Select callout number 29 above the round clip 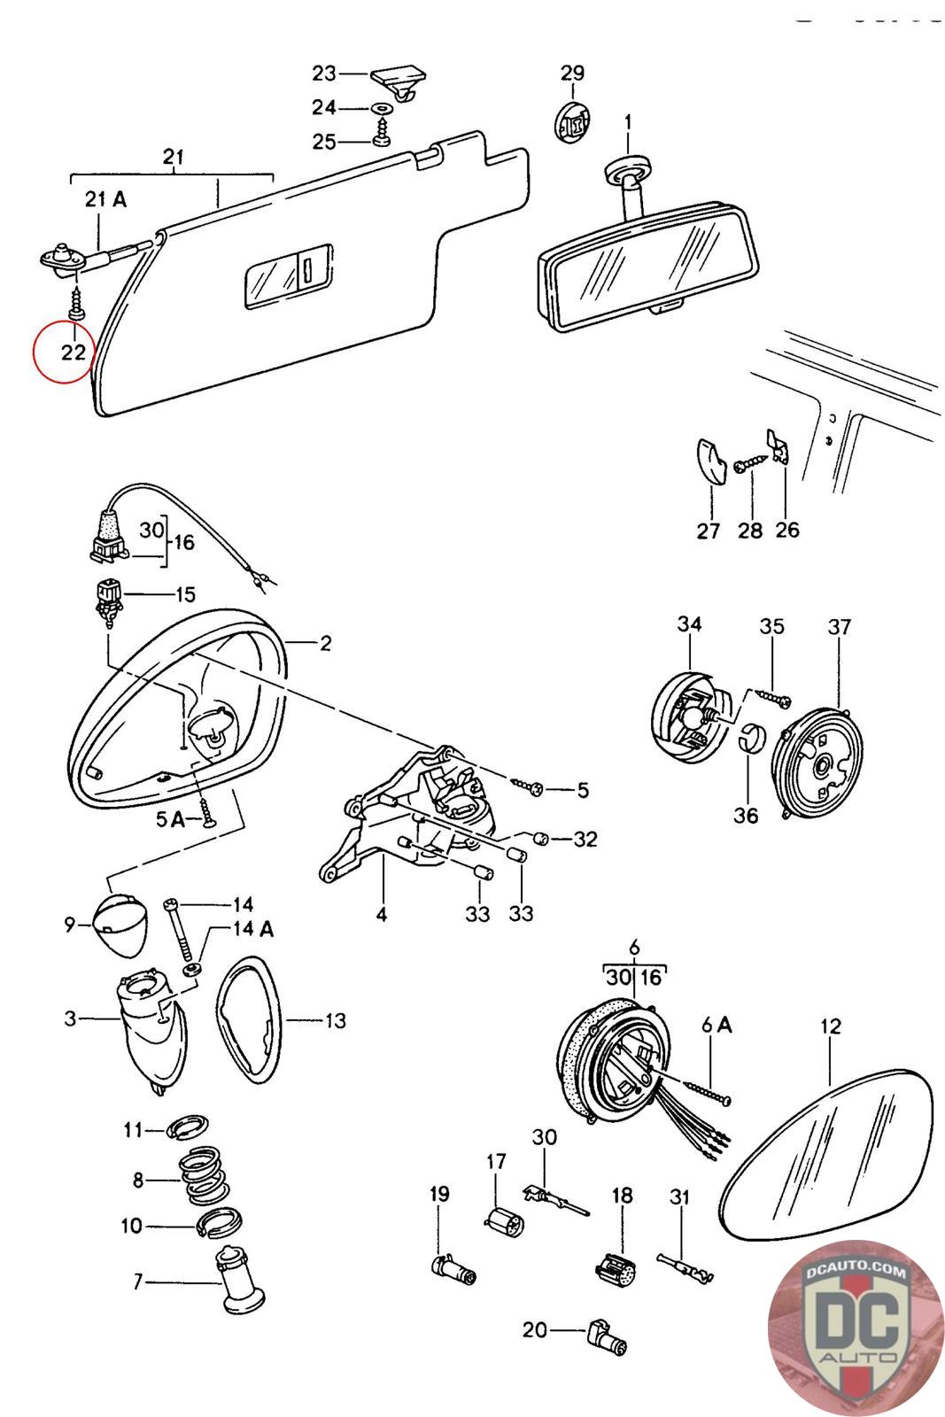[x=572, y=74]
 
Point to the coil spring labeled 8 [x=205, y=1178]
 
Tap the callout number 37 [x=839, y=627]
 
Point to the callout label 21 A [x=106, y=199]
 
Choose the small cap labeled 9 [x=118, y=922]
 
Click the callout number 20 [x=535, y=1329]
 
